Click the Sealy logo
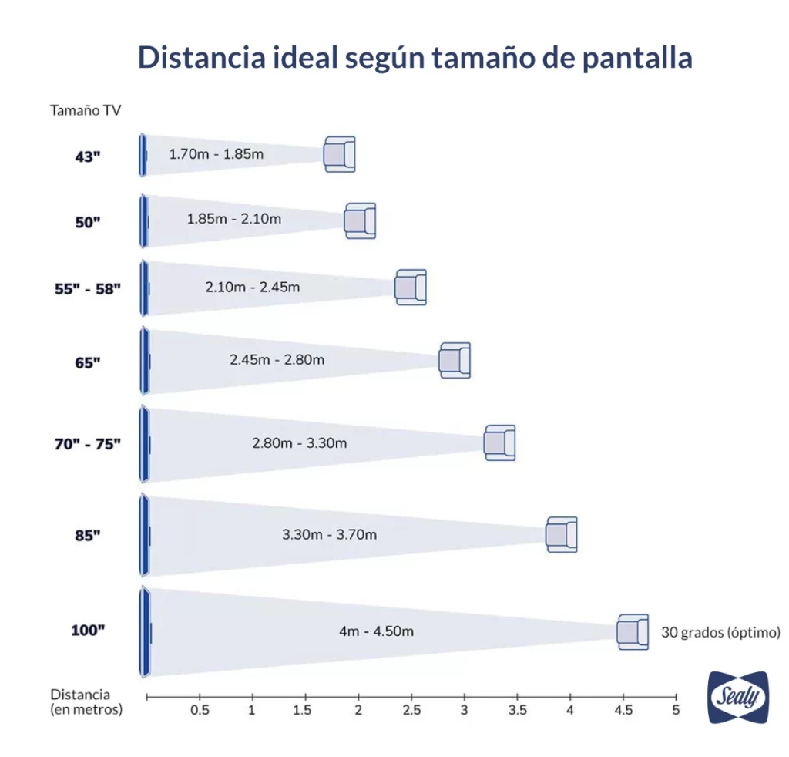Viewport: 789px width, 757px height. [x=737, y=698]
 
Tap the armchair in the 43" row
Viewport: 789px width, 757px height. [x=339, y=154]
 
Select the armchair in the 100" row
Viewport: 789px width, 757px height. [x=633, y=632]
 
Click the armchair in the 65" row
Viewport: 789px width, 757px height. [x=455, y=360]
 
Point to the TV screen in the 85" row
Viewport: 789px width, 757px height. [x=144, y=535]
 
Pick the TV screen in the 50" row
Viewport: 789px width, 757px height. [x=143, y=220]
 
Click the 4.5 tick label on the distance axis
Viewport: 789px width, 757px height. [x=623, y=710]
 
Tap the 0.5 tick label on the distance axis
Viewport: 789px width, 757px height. [x=200, y=710]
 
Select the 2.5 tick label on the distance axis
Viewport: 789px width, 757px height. [x=411, y=710]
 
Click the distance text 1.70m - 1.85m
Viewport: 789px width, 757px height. [x=217, y=154]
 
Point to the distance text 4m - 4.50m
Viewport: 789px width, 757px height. [x=376, y=631]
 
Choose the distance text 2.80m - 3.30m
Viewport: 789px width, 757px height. [x=299, y=443]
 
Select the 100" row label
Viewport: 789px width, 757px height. [x=87, y=630]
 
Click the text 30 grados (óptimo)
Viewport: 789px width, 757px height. [x=720, y=632]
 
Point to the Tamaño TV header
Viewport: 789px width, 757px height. [x=86, y=110]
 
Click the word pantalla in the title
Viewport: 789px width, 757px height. [x=626, y=58]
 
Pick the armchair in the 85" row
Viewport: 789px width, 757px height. [x=562, y=534]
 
